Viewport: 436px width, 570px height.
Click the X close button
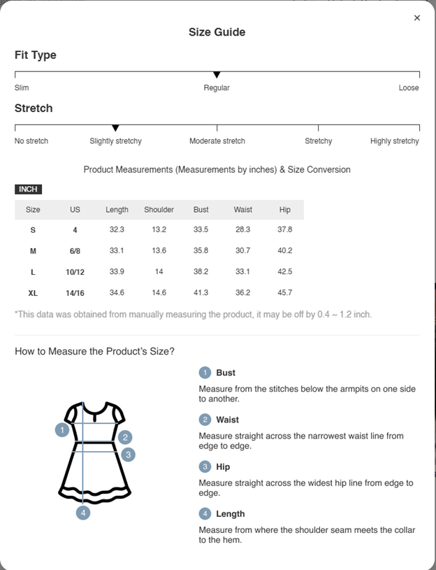pos(417,18)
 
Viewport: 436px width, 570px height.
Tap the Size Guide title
pos(217,32)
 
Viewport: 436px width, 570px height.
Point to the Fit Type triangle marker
pos(217,75)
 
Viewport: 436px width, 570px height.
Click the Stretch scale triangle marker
pos(115,128)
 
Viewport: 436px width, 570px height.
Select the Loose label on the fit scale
pos(409,88)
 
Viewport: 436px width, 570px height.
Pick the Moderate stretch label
pos(217,141)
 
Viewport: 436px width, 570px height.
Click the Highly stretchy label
pos(394,141)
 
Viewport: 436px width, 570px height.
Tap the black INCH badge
pos(29,190)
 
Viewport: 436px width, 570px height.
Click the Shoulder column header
pos(159,210)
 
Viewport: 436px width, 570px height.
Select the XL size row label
pos(33,293)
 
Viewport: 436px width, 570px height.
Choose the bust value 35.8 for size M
pos(201,251)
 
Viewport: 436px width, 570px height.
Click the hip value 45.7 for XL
pos(284,293)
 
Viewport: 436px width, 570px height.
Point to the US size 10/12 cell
pos(75,272)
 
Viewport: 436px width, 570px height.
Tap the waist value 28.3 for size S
pos(242,230)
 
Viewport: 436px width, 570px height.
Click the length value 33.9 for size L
pos(117,272)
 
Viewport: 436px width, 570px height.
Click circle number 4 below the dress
pos(83,513)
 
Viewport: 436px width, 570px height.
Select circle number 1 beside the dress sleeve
pos(62,430)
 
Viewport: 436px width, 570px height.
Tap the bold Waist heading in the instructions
pos(227,420)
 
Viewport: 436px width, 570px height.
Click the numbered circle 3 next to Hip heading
pos(205,466)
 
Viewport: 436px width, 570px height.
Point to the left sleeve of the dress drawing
pos(71,415)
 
